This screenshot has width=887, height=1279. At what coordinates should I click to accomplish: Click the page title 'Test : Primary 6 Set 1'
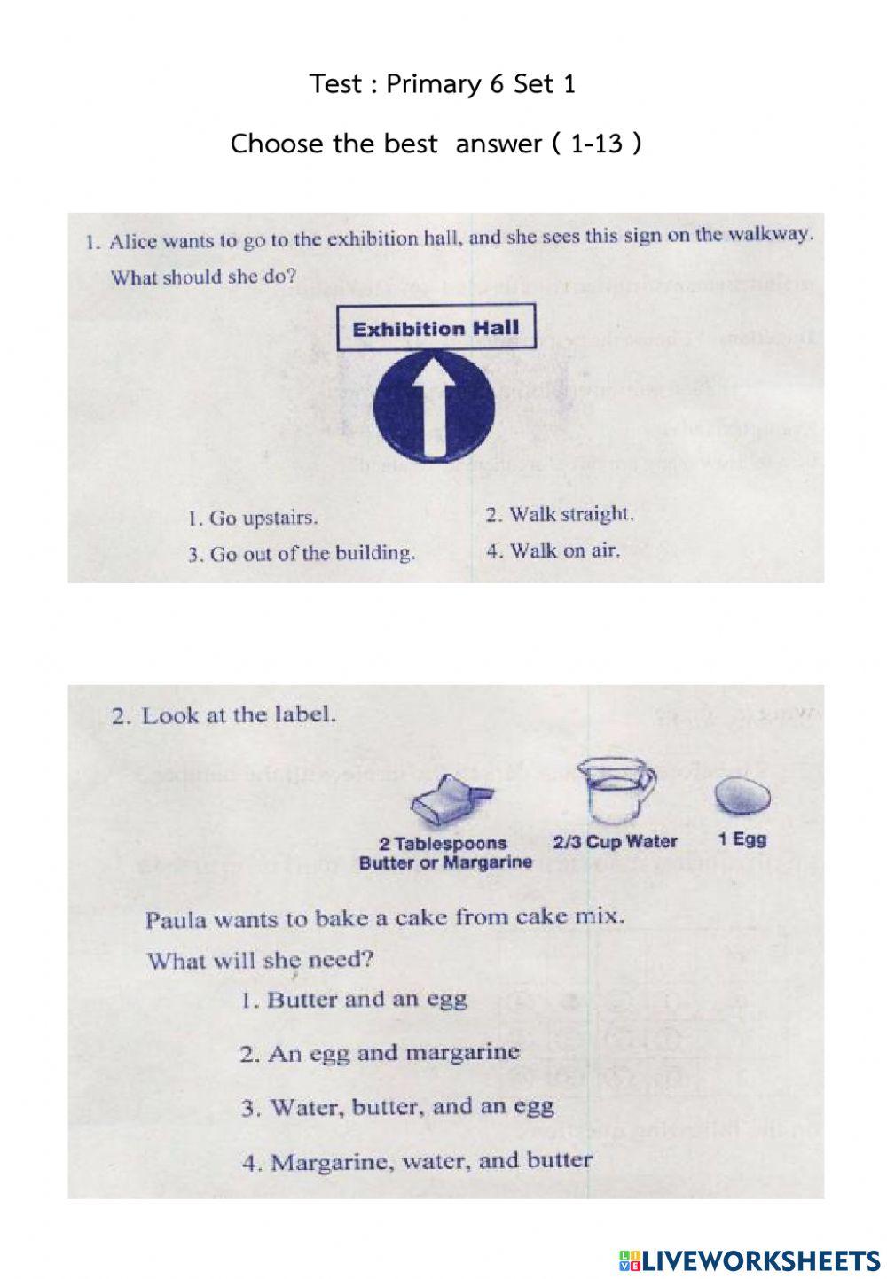(443, 84)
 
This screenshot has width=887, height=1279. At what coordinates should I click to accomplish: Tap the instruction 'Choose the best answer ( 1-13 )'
(436, 143)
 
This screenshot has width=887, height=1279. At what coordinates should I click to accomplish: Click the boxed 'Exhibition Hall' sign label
(436, 329)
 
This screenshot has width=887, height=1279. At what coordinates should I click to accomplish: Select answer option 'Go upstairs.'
(253, 519)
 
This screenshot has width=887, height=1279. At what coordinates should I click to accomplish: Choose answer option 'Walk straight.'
(560, 514)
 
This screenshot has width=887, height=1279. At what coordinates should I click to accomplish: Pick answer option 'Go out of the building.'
(301, 555)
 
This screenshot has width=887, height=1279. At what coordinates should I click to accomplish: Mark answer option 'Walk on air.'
(553, 550)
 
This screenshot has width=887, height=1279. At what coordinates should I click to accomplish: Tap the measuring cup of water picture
(615, 792)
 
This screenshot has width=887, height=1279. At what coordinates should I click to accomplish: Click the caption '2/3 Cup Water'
(615, 842)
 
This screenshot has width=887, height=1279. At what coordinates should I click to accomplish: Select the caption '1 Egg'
(742, 838)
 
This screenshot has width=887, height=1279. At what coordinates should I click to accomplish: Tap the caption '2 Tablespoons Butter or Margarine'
(445, 853)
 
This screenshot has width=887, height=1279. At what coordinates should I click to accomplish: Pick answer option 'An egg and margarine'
(380, 1053)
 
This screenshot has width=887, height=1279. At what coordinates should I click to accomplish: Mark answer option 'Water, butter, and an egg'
(398, 1107)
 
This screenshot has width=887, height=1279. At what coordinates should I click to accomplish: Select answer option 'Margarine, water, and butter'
(417, 1161)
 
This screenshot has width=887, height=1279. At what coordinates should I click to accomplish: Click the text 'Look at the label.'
(224, 715)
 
